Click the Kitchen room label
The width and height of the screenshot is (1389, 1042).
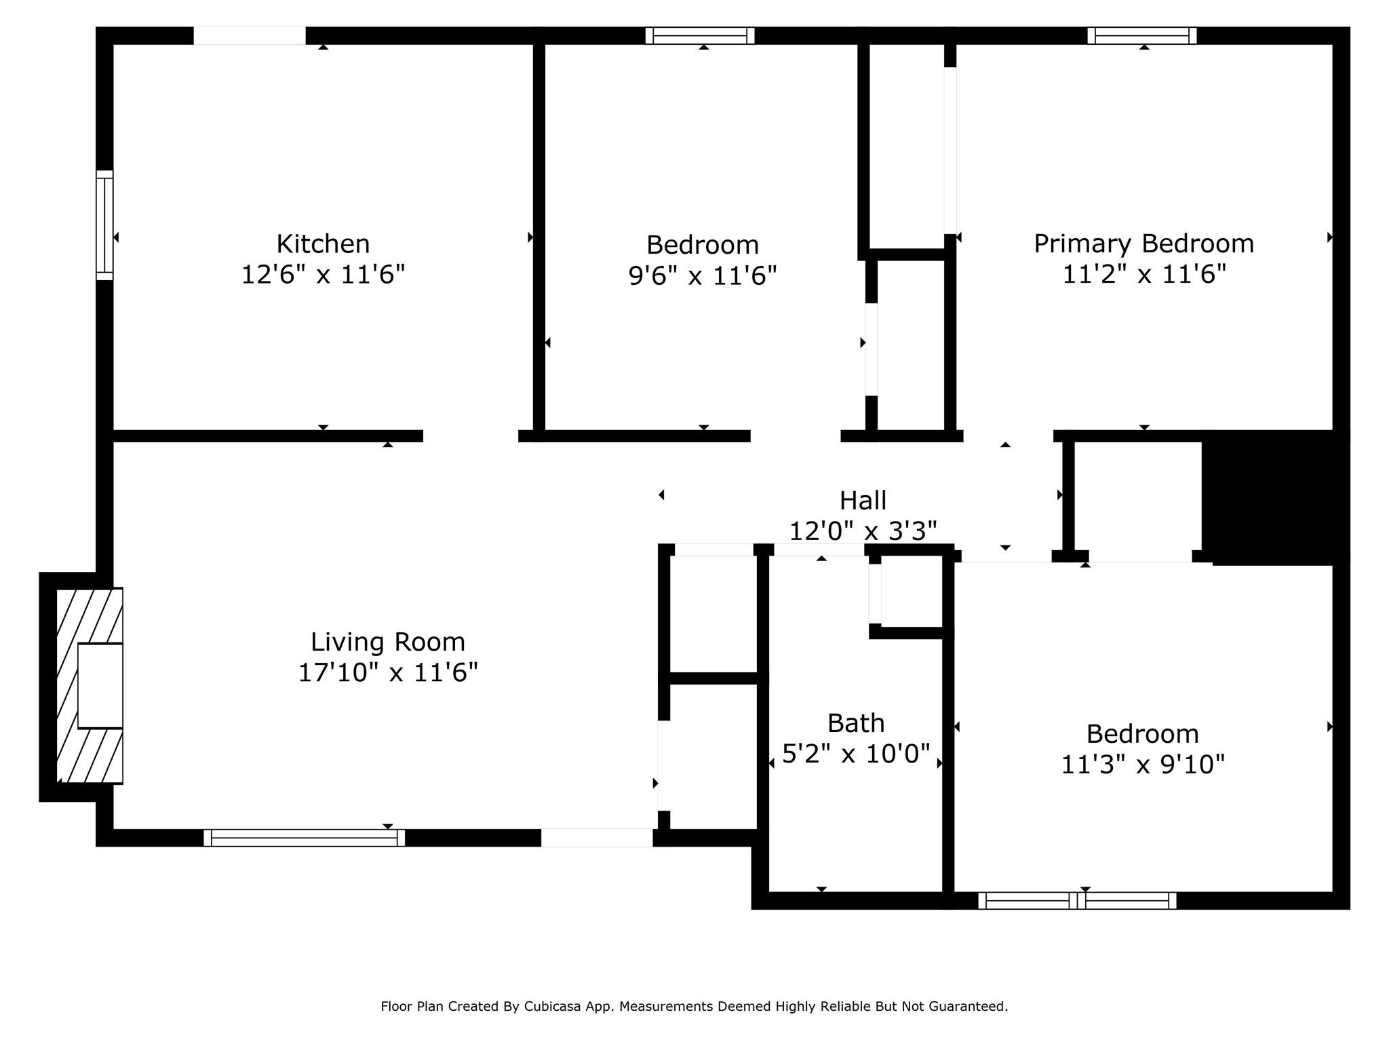[323, 244]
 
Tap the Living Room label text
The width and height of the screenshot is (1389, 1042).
[388, 642]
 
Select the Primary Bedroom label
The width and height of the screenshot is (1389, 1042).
[1143, 244]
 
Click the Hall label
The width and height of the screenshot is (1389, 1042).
[863, 501]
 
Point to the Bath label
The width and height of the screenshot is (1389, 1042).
[856, 723]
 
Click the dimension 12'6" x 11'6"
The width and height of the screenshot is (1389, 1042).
[323, 275]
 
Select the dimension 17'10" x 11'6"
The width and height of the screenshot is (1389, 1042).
[388, 673]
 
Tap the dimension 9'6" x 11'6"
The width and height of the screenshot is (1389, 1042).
[703, 276]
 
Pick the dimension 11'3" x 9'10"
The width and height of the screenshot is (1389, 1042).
[1143, 765]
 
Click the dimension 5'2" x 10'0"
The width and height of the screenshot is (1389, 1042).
[856, 754]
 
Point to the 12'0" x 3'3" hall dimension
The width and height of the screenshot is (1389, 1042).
[863, 531]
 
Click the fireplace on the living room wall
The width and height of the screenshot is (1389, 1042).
[90, 686]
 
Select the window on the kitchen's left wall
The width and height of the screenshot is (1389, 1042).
[104, 225]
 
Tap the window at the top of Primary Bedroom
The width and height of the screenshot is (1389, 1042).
[1142, 35]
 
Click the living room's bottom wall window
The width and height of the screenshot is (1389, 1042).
[305, 838]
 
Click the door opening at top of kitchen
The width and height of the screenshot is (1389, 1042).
[250, 35]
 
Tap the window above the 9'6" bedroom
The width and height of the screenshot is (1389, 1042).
[700, 35]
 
